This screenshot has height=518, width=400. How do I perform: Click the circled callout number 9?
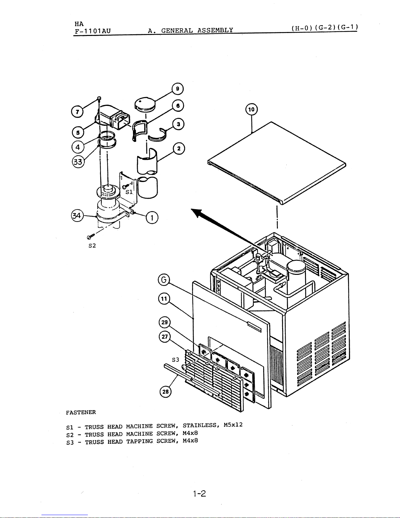pos(178,89)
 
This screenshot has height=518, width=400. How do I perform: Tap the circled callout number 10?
pos(251,109)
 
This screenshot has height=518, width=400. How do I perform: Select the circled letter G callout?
pos(164,280)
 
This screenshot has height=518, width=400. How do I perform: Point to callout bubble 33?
pos(78,162)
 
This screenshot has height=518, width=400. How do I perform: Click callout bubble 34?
pos(77,216)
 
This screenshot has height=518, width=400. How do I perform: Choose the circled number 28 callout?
pos(166,392)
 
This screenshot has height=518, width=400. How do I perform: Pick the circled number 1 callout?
pos(152,218)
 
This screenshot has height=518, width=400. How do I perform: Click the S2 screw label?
pos(92,245)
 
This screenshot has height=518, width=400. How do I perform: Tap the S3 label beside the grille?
pos(175,360)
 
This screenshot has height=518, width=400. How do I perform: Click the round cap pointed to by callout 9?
pos(145,104)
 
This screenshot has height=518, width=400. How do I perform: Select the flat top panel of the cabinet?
pos(277,163)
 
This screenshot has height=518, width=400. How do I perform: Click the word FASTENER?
pos(81,412)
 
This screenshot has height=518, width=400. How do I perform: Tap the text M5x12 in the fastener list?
pos(233,425)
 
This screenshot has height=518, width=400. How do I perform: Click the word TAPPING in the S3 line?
pos(139,441)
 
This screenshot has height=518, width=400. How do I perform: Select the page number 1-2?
pos(200,493)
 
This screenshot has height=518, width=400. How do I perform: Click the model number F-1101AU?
pos(93,31)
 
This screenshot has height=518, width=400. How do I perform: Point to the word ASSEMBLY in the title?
pos(215,30)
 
